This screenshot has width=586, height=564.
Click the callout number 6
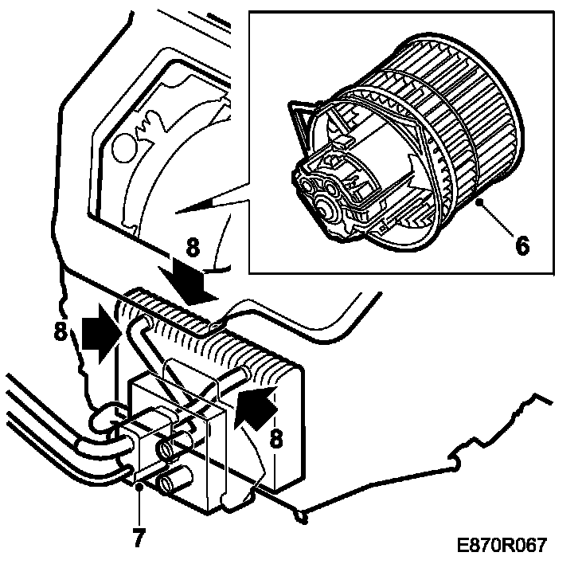522,245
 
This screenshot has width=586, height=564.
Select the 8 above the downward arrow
192,248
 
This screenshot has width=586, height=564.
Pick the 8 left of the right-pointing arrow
61,331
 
